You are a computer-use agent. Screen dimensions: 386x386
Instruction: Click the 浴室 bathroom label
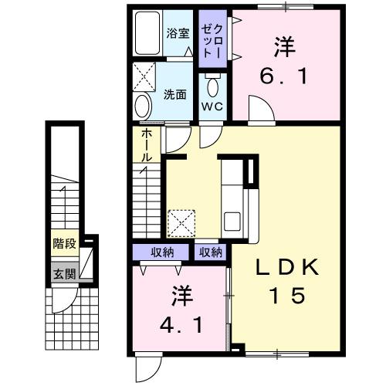[x=178, y=34]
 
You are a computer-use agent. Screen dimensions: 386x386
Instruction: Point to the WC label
[x=212, y=107]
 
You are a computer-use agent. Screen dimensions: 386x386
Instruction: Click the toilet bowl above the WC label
[x=212, y=83]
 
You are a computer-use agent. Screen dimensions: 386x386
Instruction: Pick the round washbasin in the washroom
[x=144, y=106]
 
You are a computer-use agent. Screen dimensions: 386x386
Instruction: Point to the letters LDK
[x=287, y=266]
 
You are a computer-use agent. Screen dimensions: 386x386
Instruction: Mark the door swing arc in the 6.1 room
[x=261, y=111]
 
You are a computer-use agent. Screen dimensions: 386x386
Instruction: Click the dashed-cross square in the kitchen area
[x=184, y=223]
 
